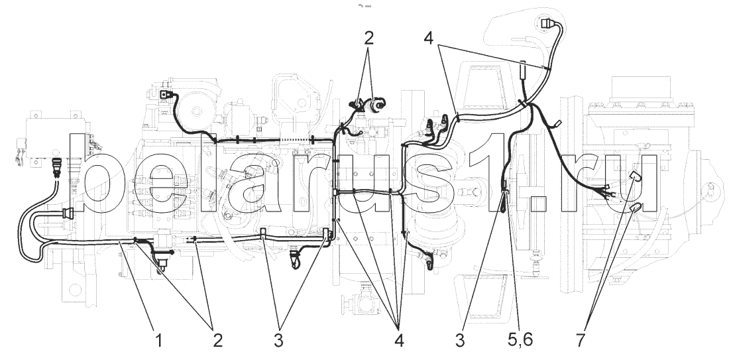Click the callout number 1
click(158, 341)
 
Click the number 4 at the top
click(430, 38)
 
